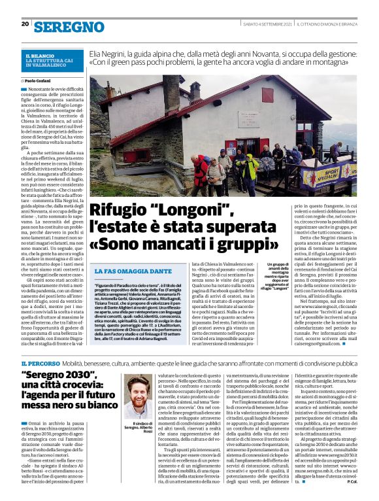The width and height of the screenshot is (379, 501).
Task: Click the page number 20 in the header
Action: tap(25, 24)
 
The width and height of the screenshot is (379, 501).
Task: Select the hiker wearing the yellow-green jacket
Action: tap(250, 167)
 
